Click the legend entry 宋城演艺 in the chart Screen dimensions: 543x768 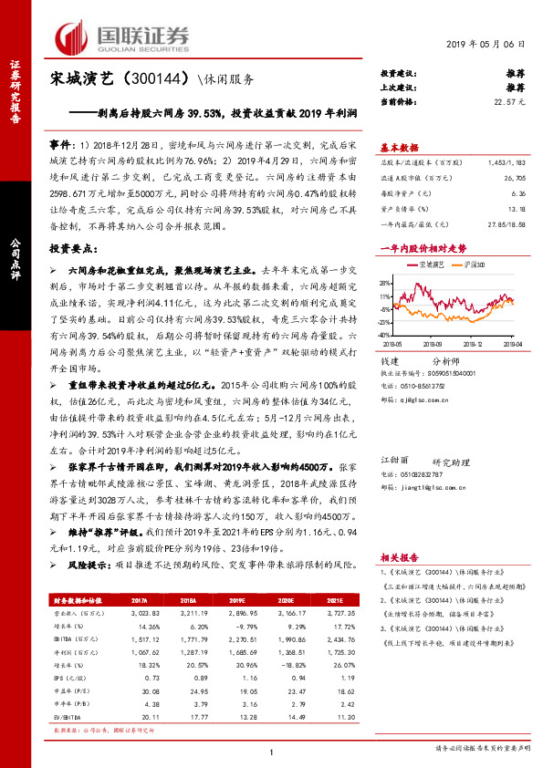pos(432,264)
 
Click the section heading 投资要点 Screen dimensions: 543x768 pos(73,248)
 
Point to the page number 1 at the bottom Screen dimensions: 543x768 pos(272,752)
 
